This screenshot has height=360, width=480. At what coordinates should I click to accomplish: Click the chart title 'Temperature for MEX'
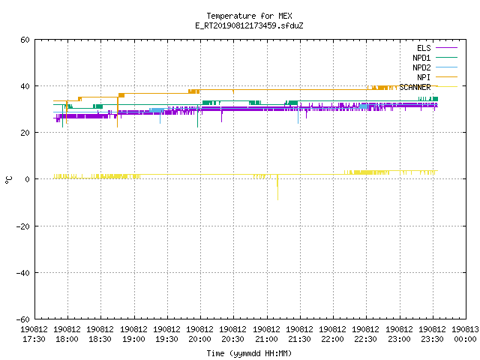tap(249, 16)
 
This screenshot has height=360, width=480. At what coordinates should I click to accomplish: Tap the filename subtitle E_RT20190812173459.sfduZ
tap(249, 25)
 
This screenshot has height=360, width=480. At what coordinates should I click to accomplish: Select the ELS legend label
tap(424, 48)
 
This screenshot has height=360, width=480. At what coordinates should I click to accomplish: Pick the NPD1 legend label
tap(421, 58)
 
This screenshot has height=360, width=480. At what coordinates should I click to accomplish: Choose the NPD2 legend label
tap(421, 67)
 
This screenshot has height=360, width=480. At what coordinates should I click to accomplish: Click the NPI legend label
tap(424, 77)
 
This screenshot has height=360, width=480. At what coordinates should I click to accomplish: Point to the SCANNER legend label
tap(415, 87)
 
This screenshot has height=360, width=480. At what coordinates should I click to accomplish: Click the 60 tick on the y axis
tap(25, 40)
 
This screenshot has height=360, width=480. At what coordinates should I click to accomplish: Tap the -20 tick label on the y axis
tap(23, 226)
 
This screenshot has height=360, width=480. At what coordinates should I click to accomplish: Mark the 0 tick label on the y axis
tap(28, 179)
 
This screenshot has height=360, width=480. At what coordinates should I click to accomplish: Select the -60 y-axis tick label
tap(23, 319)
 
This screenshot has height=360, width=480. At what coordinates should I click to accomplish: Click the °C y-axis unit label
tap(8, 180)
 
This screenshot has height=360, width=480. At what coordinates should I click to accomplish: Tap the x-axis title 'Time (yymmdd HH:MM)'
tap(249, 353)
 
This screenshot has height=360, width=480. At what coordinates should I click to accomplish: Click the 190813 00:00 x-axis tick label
tap(465, 334)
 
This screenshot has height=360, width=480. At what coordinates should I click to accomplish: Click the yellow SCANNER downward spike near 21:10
tap(277, 187)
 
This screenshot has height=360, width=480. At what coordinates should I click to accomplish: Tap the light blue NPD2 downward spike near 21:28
tap(298, 115)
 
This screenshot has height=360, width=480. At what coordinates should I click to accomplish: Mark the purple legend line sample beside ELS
tap(446, 48)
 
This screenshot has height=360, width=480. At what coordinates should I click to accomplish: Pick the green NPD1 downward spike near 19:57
tap(198, 116)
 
